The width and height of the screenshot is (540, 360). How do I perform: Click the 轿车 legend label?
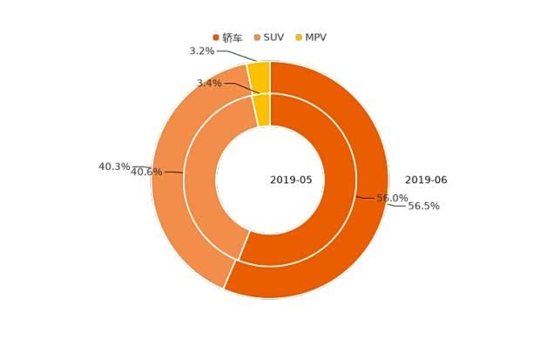(233, 38)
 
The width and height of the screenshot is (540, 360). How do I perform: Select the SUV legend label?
(273, 37)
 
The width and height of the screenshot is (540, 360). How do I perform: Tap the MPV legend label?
(315, 37)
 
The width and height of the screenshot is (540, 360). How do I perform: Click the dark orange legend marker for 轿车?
(216, 37)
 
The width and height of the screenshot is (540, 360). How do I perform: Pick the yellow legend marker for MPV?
(299, 37)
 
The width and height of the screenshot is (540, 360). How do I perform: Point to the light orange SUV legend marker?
(257, 37)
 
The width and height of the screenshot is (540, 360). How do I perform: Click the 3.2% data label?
(202, 51)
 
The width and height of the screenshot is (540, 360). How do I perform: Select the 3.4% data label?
(209, 84)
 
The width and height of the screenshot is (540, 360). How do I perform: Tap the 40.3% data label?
(114, 166)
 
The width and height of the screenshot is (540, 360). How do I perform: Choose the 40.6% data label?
(146, 173)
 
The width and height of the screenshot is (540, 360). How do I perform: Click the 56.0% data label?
(392, 199)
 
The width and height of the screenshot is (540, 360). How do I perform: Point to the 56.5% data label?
(424, 207)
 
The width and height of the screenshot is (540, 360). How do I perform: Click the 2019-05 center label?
(291, 180)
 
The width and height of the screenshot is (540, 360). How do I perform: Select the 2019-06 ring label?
(426, 180)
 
